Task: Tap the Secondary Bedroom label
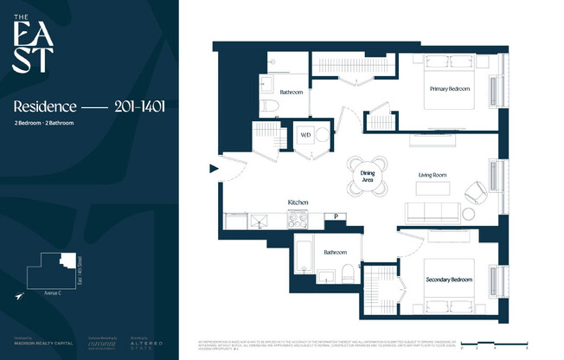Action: [448, 279]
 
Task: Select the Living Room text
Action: [433, 175]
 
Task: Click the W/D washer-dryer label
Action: [305, 135]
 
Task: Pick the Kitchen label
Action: [298, 202]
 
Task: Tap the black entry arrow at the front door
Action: [213, 170]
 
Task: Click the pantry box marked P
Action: [336, 216]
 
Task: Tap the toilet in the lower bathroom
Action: [346, 273]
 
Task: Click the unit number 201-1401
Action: [139, 106]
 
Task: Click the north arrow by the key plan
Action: [19, 296]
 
